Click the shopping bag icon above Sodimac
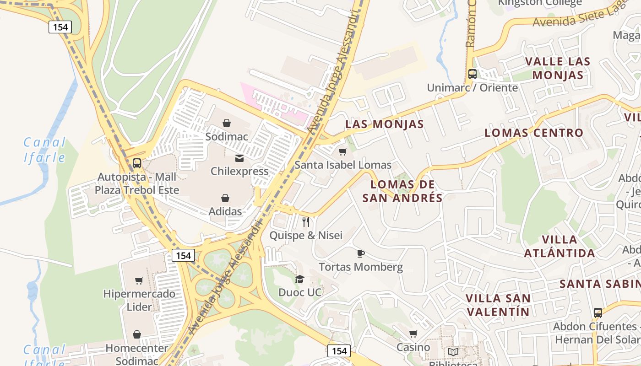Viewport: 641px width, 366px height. pyautogui.click(x=226, y=123)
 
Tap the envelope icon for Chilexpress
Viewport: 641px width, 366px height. pyautogui.click(x=239, y=158)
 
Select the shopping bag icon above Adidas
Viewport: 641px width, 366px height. pyautogui.click(x=225, y=198)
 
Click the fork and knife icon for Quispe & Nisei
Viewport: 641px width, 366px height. pyautogui.click(x=306, y=222)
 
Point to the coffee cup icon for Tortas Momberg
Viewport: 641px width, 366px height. pyautogui.click(x=360, y=253)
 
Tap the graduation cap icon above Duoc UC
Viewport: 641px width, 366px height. pyautogui.click(x=299, y=279)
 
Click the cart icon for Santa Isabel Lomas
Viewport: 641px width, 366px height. pyautogui.click(x=342, y=151)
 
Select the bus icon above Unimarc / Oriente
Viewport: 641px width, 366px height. pyautogui.click(x=472, y=74)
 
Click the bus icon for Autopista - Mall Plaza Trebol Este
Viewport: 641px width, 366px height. pyautogui.click(x=136, y=163)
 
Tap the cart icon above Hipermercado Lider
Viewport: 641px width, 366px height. pyautogui.click(x=139, y=280)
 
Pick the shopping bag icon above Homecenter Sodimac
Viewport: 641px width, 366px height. pyautogui.click(x=136, y=335)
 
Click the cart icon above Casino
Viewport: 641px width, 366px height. pyautogui.click(x=413, y=334)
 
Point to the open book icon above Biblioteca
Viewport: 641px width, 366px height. pyautogui.click(x=453, y=352)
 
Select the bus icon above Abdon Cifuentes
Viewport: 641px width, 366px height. pyautogui.click(x=598, y=313)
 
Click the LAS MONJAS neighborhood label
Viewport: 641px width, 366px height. pyautogui.click(x=385, y=124)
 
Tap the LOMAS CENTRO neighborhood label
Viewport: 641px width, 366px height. pyautogui.click(x=534, y=133)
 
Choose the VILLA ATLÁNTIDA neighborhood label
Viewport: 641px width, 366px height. pyautogui.click(x=560, y=246)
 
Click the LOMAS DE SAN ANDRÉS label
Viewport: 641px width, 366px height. pyautogui.click(x=402, y=191)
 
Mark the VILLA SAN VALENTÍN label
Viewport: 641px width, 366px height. pyautogui.click(x=498, y=305)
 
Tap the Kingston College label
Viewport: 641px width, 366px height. pyautogui.click(x=540, y=3)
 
